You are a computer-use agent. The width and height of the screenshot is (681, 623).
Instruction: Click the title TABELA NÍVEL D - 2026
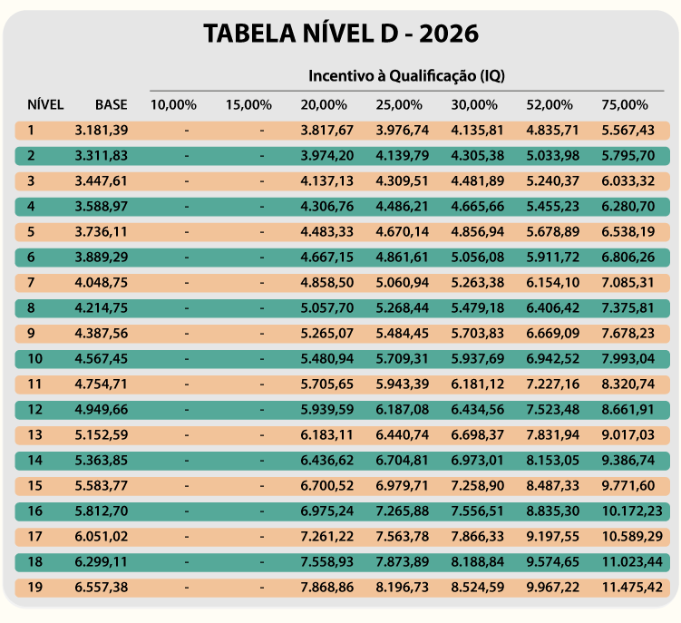pyautogui.click(x=340, y=34)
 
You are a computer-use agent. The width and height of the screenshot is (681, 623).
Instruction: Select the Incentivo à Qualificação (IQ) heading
pyautogui.click(x=406, y=76)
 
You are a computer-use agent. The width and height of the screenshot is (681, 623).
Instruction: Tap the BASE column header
pyautogui.click(x=112, y=104)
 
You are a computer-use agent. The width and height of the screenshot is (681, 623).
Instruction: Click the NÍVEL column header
pyautogui.click(x=45, y=104)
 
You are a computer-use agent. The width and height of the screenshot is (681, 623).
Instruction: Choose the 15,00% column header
pyautogui.click(x=248, y=104)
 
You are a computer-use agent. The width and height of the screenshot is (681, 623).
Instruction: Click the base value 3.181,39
pyautogui.click(x=102, y=130)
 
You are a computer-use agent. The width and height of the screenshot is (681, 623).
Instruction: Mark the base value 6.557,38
pyautogui.click(x=102, y=588)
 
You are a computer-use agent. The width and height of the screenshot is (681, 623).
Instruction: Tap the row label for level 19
pyautogui.click(x=34, y=588)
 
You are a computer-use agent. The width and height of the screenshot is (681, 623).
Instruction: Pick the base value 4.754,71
pyautogui.click(x=102, y=384)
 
